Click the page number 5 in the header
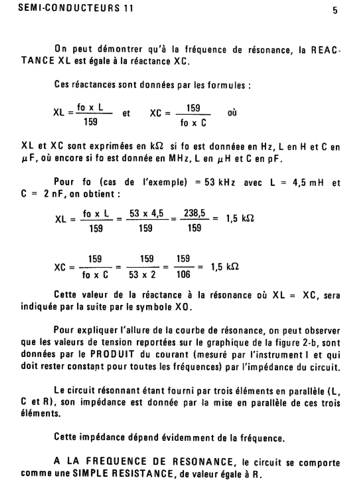[x=335, y=11]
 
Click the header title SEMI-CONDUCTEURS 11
[x=76, y=8]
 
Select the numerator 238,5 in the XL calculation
[x=194, y=213]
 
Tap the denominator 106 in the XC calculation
[x=183, y=274]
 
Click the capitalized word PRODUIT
[x=112, y=354]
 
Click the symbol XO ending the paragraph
[x=183, y=307]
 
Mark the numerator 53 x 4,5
[x=146, y=213]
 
